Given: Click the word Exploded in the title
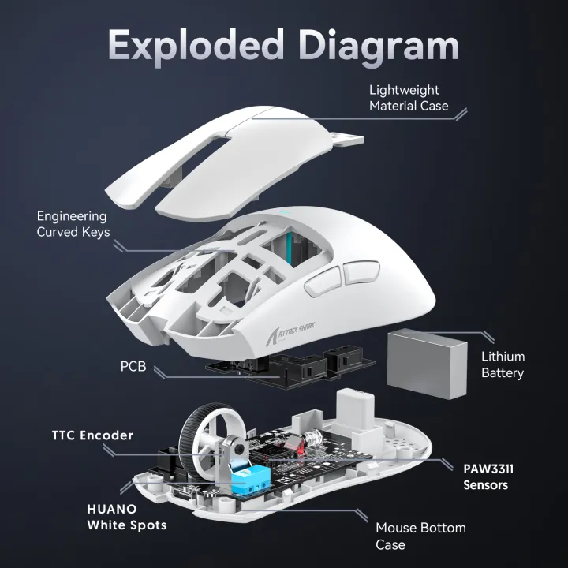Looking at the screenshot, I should pos(196,45).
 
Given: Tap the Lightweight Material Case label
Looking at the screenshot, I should pos(409,98).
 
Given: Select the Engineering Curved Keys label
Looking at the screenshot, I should pos(72,223).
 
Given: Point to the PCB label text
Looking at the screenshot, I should pos(133,368).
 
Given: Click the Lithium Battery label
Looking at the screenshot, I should pos(503,364).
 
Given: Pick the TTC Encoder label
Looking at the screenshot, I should pos(92,435).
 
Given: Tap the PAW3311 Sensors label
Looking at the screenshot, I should pos(493,476).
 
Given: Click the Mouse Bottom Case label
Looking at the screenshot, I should pos(420,536).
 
